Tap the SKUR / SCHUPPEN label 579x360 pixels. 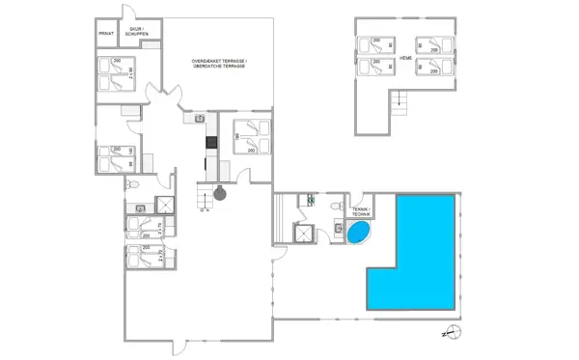pos(138,32)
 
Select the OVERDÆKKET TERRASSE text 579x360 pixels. pos(219,61)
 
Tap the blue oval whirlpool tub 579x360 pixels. pos(357,233)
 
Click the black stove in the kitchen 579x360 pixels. pos(209,143)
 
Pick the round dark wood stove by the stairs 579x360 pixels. pos(220,193)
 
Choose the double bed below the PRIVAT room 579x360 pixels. pos(117,72)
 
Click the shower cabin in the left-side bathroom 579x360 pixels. pos(164,205)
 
